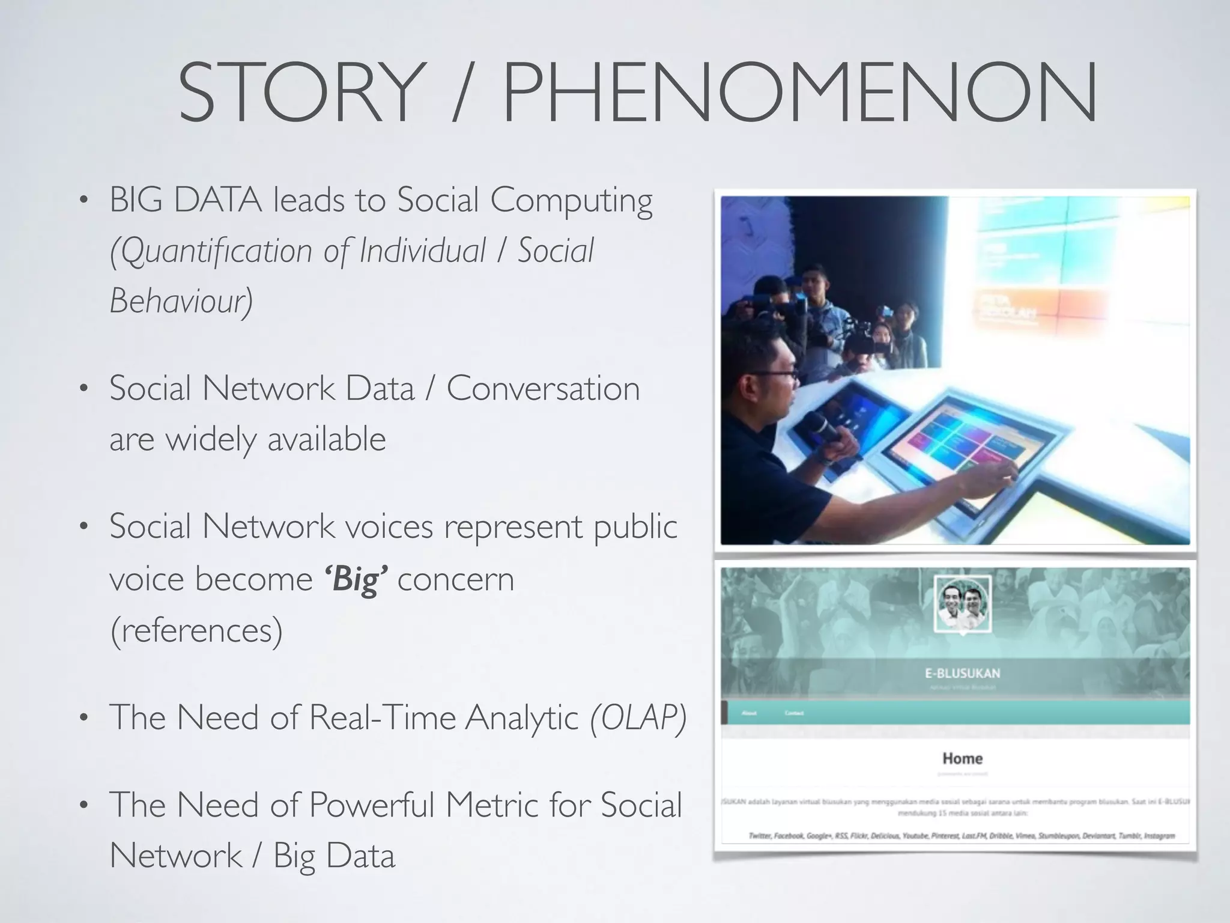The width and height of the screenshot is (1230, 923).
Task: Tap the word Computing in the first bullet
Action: point(571,201)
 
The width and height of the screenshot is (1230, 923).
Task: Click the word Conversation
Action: point(543,388)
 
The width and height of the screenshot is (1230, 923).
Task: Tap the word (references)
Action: point(196,630)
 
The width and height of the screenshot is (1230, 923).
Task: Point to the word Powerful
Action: point(372,805)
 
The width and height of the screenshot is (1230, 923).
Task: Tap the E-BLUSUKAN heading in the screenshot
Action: point(962,673)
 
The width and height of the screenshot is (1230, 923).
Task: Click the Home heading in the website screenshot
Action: point(962,758)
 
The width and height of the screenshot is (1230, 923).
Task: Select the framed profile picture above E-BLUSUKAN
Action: point(962,605)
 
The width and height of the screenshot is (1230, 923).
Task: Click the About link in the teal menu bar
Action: point(749,713)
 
